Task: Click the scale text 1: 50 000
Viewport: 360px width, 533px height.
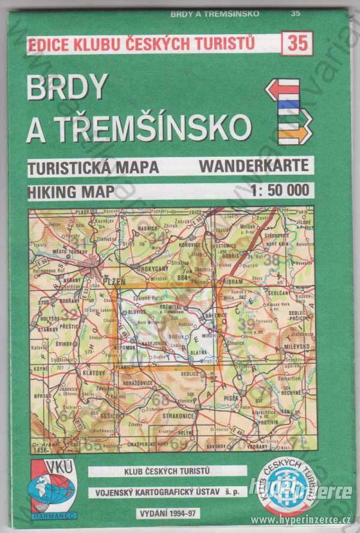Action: click(x=280, y=191)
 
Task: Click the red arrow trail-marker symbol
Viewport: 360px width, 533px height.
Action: click(x=283, y=89)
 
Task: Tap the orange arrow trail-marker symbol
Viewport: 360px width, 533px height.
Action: click(x=295, y=132)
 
